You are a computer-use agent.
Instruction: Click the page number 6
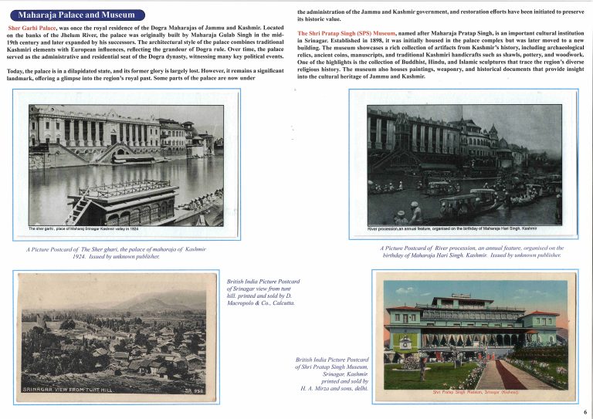click(585, 412)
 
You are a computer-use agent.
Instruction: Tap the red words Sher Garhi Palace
click(32, 27)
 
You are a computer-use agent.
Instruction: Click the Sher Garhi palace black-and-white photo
click(126, 164)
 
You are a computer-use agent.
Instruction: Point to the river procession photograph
click(464, 164)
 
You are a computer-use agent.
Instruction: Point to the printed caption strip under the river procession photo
click(452, 228)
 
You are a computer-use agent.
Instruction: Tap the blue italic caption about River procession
click(472, 252)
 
